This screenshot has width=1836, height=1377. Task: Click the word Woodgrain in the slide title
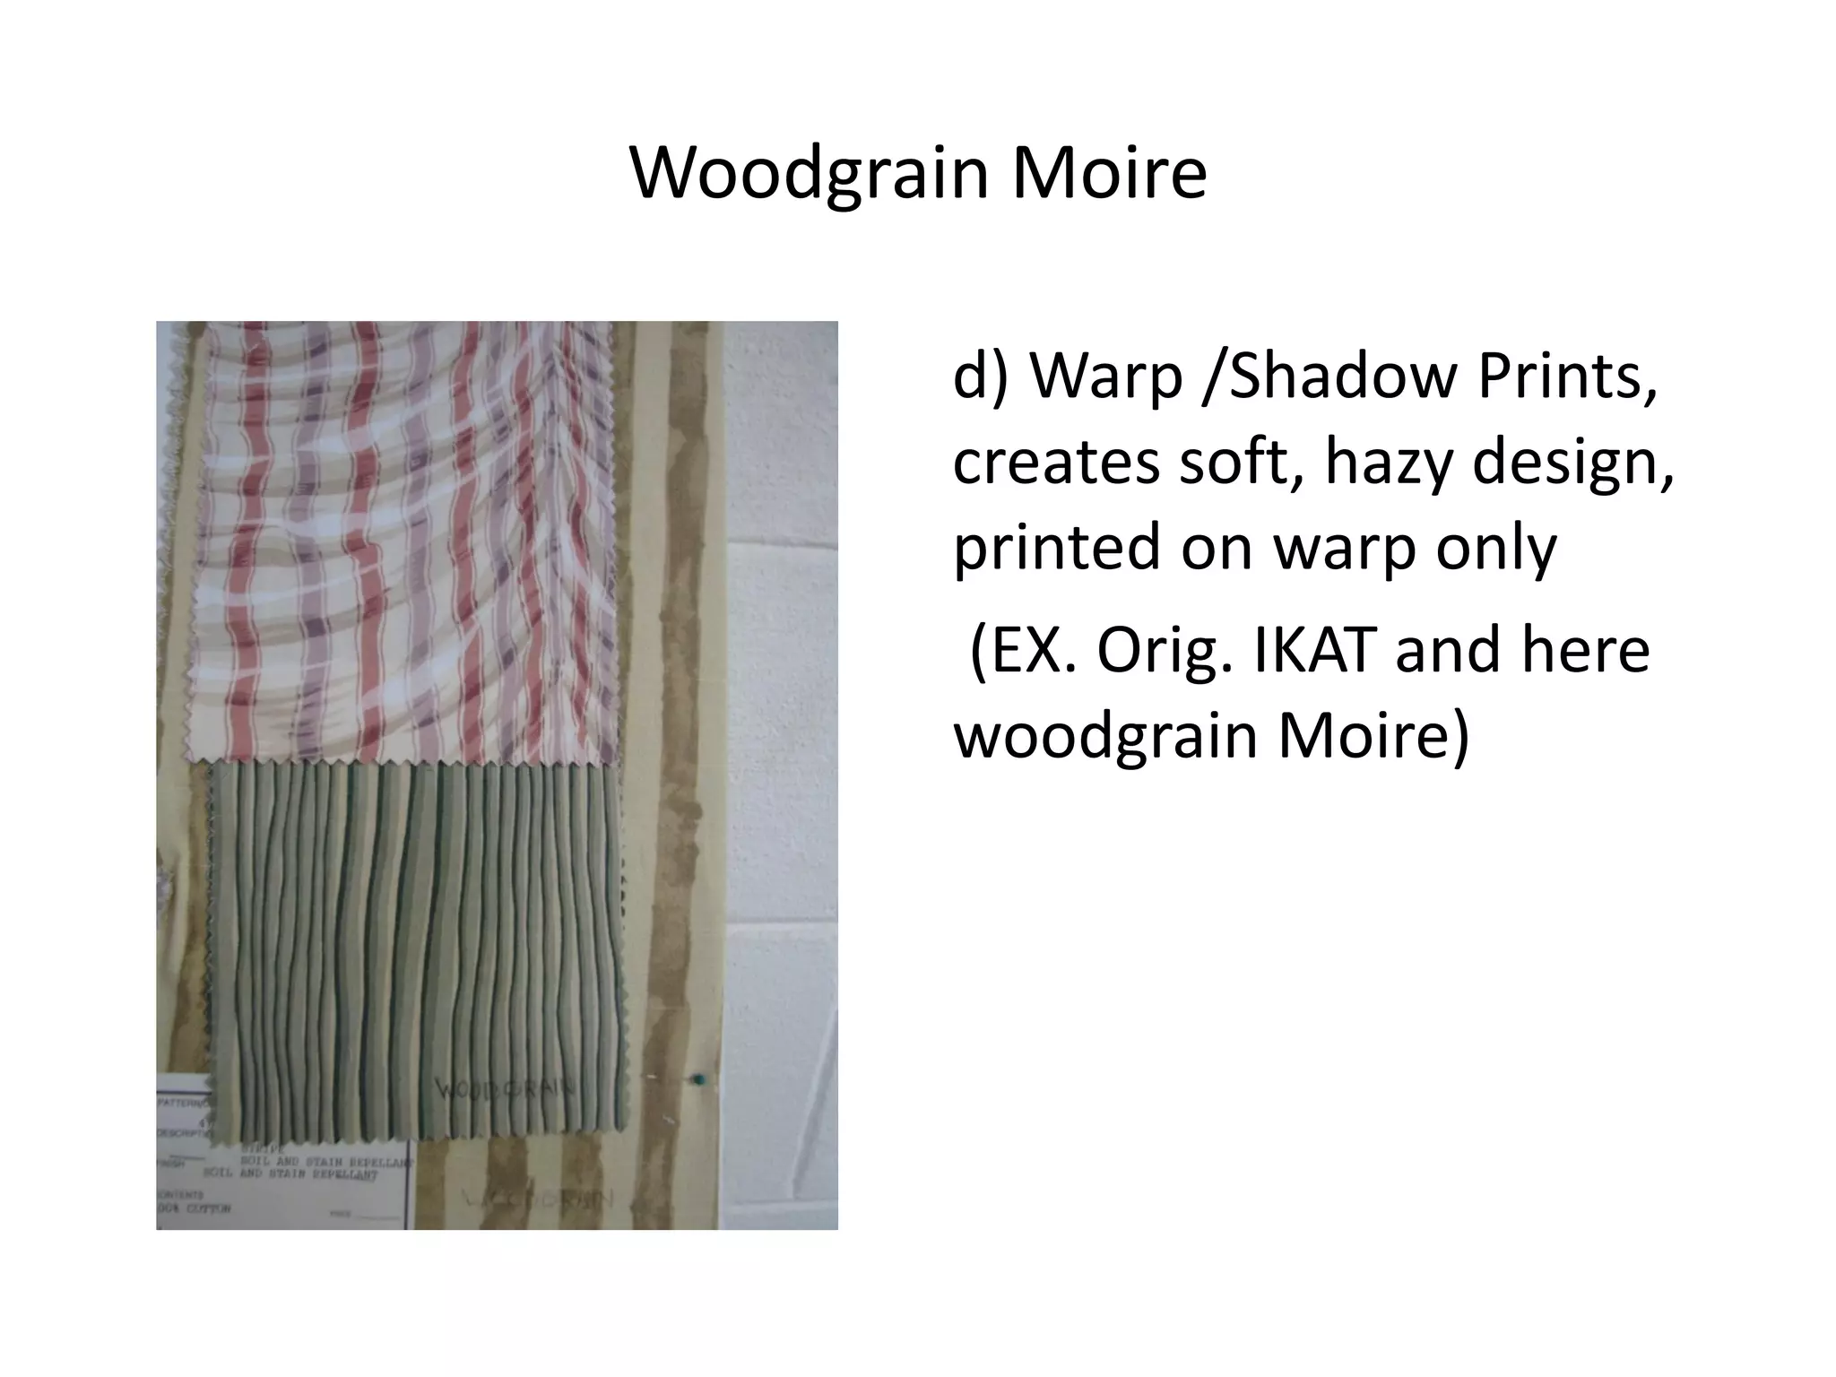(810, 174)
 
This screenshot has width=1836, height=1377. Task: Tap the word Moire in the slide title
(1110, 172)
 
